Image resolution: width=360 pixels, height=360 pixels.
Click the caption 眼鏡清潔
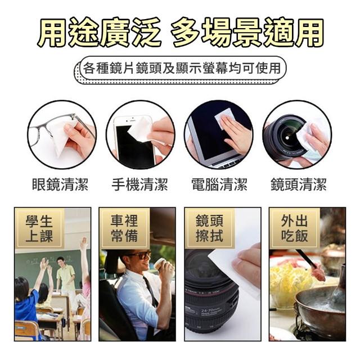pyautogui.click(x=60, y=184)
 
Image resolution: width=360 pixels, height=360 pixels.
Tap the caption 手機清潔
pyautogui.click(x=140, y=184)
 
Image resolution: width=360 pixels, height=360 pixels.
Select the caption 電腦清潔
pyautogui.click(x=219, y=184)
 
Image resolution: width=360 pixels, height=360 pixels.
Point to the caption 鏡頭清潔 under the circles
pyautogui.click(x=299, y=184)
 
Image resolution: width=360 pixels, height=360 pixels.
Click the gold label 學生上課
pyautogui.click(x=39, y=228)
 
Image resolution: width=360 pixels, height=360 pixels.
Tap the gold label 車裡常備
pyautogui.click(x=124, y=228)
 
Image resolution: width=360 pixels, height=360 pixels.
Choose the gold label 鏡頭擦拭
pyautogui.click(x=209, y=228)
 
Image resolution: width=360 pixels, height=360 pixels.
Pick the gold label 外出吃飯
pyautogui.click(x=294, y=228)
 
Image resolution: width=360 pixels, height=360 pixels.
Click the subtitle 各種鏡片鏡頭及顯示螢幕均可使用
pyautogui.click(x=182, y=68)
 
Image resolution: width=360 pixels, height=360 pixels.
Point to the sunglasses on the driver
pyautogui.click(x=138, y=255)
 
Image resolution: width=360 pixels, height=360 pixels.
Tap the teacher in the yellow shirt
pyautogui.click(x=66, y=278)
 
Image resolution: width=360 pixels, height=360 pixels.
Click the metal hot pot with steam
pyautogui.click(x=320, y=308)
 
